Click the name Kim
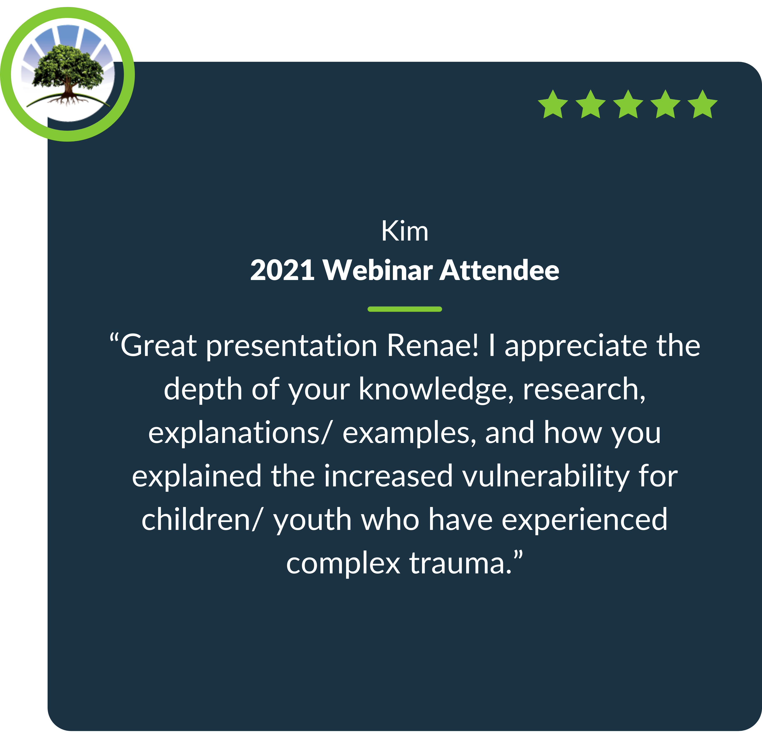(x=405, y=231)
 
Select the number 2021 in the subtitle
(x=282, y=270)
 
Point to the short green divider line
(x=405, y=309)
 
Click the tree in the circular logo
(x=68, y=74)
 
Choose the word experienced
(x=584, y=521)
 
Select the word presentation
(x=292, y=346)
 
